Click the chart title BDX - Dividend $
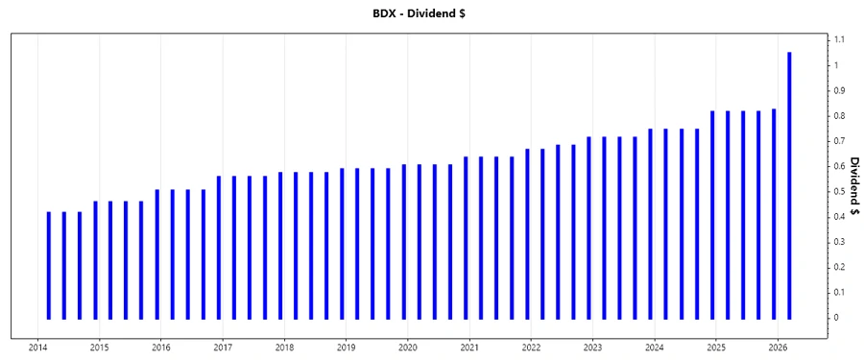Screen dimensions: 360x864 coord(431,14)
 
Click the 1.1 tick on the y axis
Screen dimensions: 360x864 coord(839,39)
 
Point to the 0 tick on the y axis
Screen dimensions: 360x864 coord(837,318)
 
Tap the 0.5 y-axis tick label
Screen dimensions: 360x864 coord(839,191)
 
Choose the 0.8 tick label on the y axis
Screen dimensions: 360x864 coord(839,116)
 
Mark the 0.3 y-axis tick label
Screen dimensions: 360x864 coord(839,242)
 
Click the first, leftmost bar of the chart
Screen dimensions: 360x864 coord(49,265)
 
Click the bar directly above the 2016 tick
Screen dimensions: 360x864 coord(157,253)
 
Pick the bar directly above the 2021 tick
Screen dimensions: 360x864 coord(466,237)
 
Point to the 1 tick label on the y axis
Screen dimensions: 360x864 coord(837,65)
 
